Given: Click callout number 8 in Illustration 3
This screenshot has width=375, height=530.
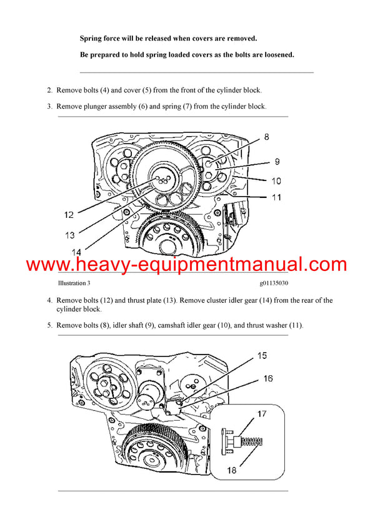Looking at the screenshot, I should click(x=266, y=136).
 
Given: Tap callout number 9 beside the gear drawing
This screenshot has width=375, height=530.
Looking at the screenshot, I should click(x=276, y=162).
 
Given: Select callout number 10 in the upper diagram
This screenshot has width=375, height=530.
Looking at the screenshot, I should click(x=276, y=181).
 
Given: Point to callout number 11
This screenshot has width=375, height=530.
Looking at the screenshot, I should click(x=276, y=197).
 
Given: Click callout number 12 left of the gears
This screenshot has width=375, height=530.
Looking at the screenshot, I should click(x=69, y=215).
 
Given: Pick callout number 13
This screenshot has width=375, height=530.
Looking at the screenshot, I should click(x=70, y=235).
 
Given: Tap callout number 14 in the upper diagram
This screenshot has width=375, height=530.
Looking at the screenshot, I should click(x=77, y=252).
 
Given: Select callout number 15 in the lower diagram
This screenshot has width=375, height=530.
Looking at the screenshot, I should click(x=262, y=355).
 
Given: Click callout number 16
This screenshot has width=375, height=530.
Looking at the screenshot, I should click(x=268, y=378).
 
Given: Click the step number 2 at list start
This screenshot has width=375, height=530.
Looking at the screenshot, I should click(x=49, y=91).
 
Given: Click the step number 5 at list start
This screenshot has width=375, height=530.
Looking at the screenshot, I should click(x=49, y=325).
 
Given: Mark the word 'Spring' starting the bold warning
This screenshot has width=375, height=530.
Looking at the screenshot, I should click(x=92, y=39).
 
